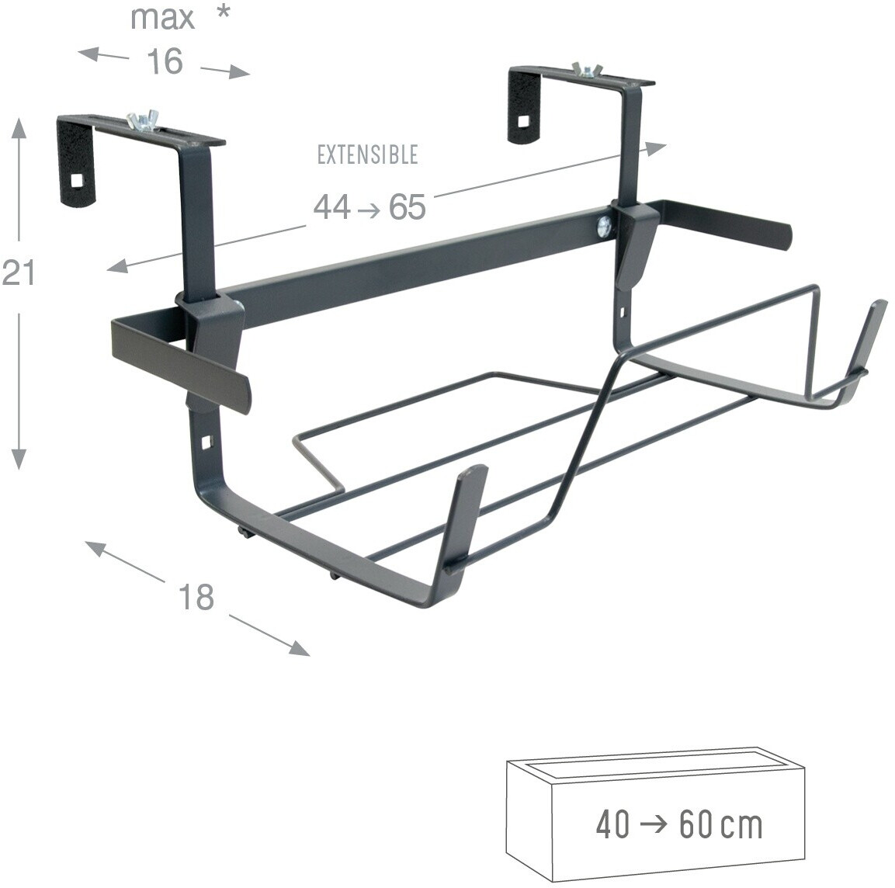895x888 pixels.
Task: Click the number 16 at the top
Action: pyautogui.click(x=165, y=61)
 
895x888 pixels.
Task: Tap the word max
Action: pyautogui.click(x=162, y=19)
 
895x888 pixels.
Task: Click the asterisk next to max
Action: pyautogui.click(x=224, y=12)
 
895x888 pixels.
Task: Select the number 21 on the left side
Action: pyautogui.click(x=19, y=272)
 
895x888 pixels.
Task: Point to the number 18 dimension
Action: pyautogui.click(x=196, y=597)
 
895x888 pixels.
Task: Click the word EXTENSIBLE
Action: pyautogui.click(x=368, y=154)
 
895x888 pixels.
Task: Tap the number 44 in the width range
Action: pyautogui.click(x=332, y=206)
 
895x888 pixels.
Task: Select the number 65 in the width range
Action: pyautogui.click(x=407, y=206)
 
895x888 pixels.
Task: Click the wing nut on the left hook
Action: pyautogui.click(x=141, y=120)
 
